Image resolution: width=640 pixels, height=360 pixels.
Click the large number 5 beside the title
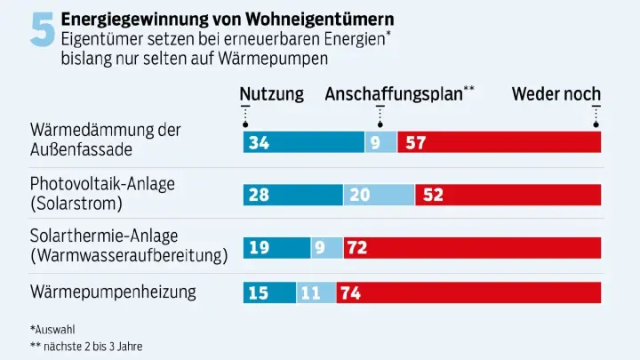(x=41, y=33)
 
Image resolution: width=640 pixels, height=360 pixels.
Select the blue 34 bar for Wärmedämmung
(x=303, y=142)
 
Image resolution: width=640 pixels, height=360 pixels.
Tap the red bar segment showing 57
(x=499, y=142)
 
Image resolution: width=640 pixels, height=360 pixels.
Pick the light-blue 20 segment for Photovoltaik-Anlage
(x=379, y=195)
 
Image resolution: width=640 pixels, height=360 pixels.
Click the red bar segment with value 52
(x=508, y=195)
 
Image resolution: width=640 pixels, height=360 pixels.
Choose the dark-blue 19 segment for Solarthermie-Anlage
(x=276, y=248)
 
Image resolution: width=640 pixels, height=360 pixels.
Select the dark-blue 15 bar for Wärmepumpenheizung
(x=269, y=292)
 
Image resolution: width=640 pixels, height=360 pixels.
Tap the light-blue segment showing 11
(x=316, y=292)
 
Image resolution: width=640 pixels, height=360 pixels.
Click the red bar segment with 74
(x=468, y=292)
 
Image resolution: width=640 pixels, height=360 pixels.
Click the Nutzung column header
(x=271, y=94)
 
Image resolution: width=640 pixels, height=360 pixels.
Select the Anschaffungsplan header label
(x=394, y=94)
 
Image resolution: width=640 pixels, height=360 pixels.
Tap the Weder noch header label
(x=556, y=94)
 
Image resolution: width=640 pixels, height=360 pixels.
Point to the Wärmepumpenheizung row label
(x=113, y=292)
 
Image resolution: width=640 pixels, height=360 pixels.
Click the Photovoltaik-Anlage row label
(x=102, y=184)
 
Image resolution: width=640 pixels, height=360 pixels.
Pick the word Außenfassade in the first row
(x=86, y=148)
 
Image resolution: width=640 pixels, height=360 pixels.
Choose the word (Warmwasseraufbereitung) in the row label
(x=129, y=255)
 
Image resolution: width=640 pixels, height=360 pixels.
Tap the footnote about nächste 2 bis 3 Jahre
(x=86, y=346)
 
